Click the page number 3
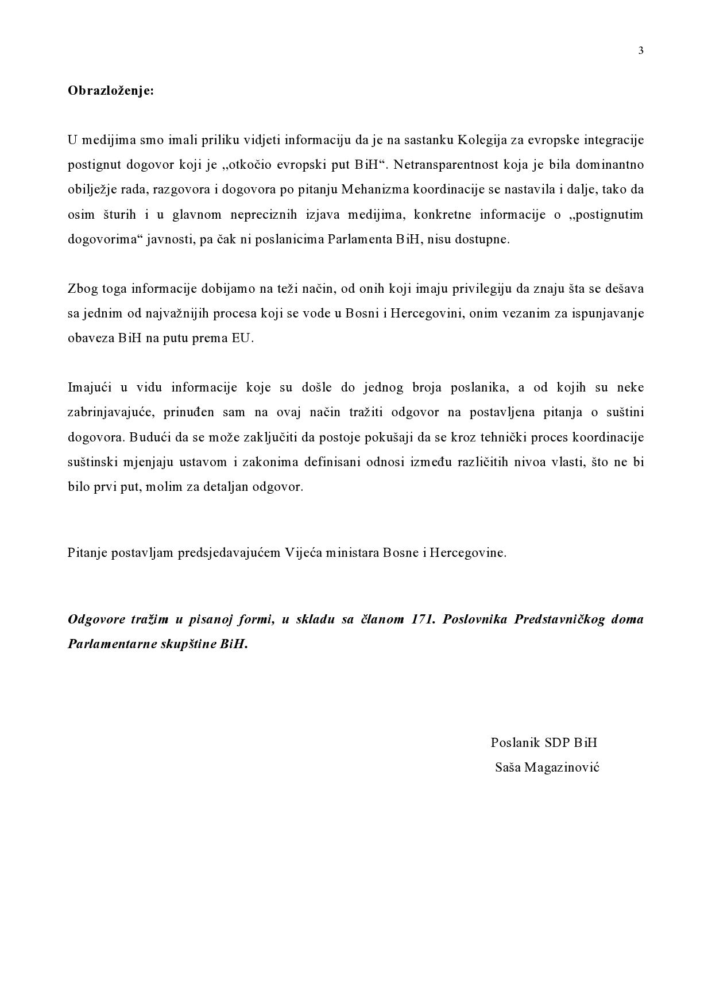(x=641, y=51)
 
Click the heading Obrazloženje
(x=111, y=90)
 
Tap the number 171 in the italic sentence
(x=423, y=619)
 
